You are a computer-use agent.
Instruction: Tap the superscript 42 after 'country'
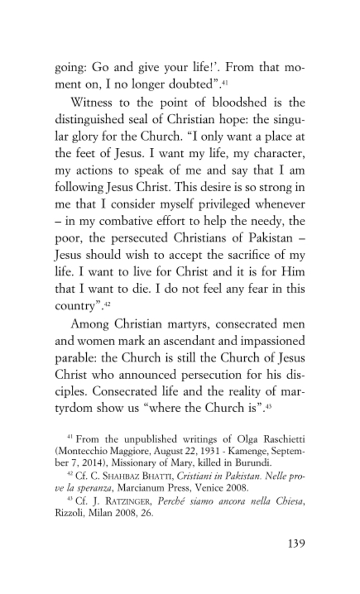click(108, 307)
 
